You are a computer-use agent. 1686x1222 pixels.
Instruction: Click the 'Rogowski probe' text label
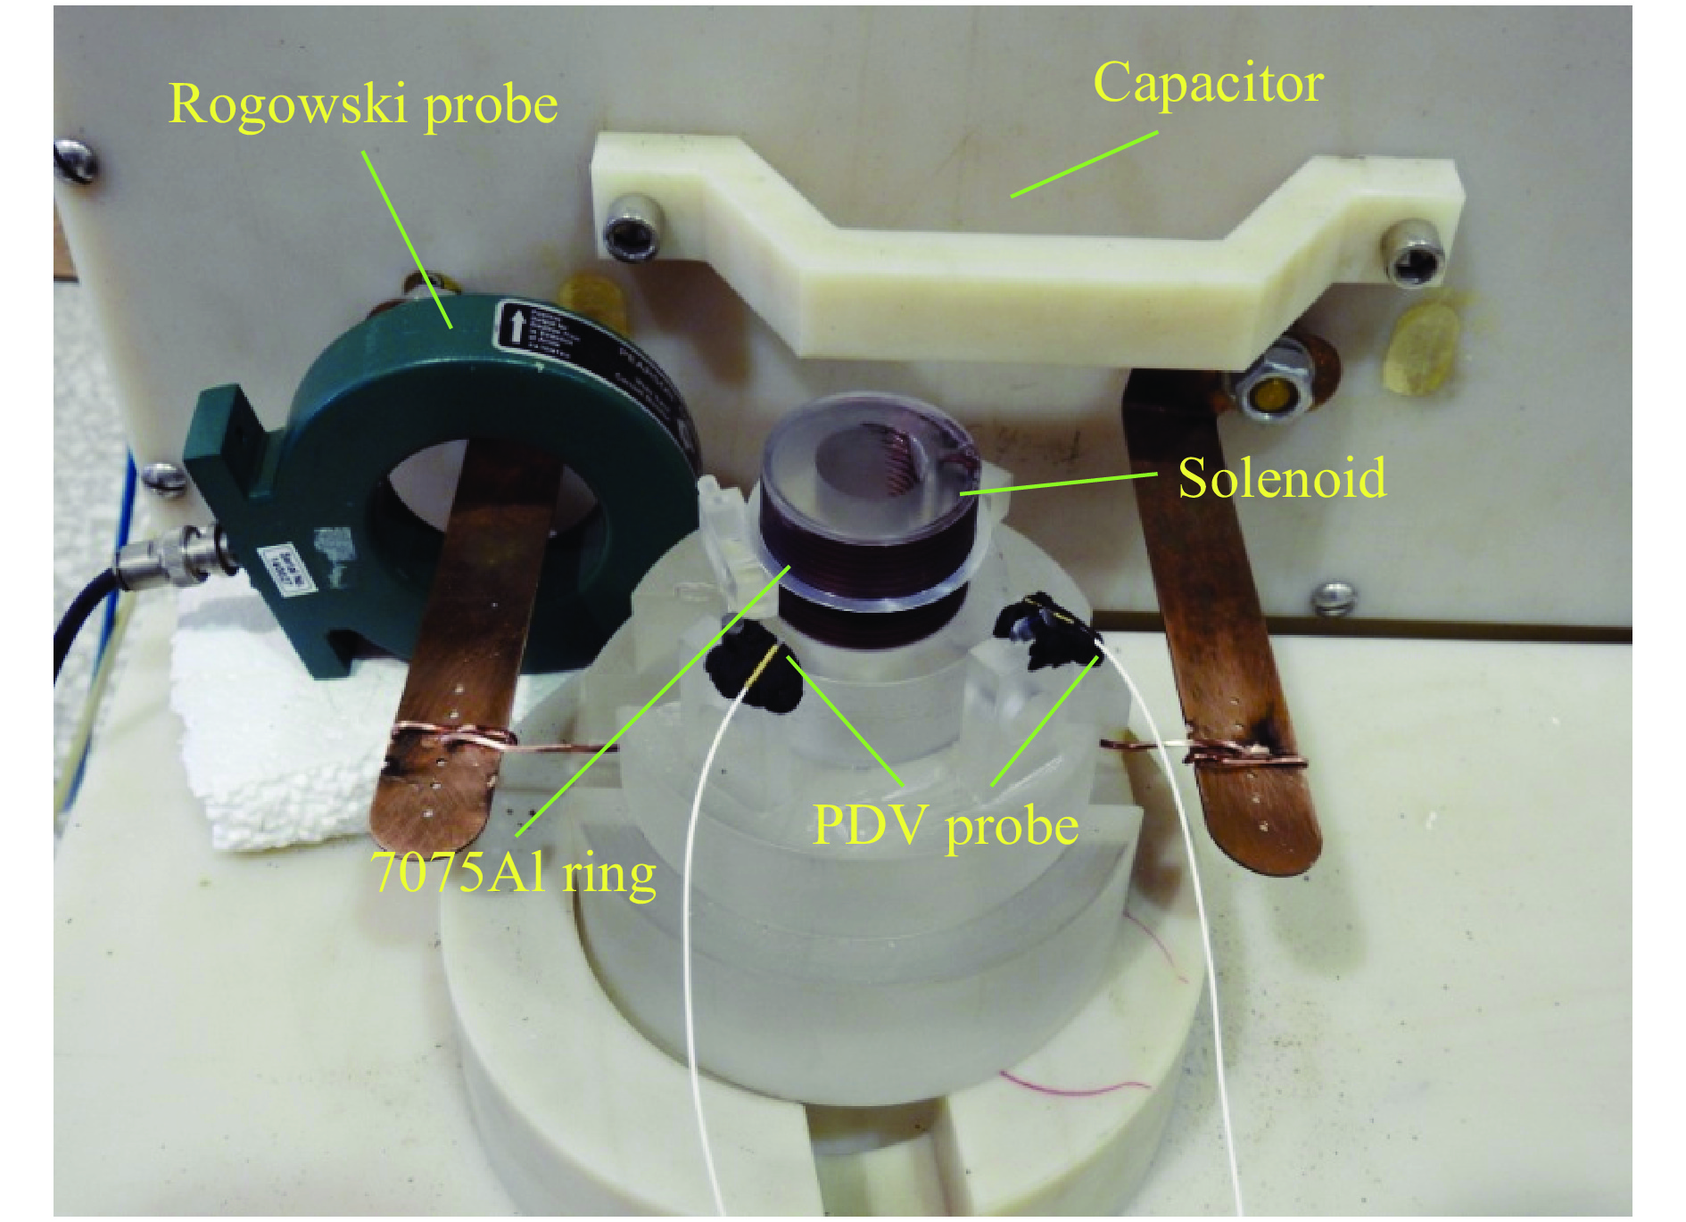(x=363, y=104)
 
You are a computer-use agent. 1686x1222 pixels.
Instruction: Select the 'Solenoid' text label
(x=1282, y=478)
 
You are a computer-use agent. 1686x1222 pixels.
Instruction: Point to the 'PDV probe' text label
(x=946, y=825)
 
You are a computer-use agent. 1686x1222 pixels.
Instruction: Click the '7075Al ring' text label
(x=515, y=871)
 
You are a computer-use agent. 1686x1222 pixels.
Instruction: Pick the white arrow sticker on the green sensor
(x=517, y=324)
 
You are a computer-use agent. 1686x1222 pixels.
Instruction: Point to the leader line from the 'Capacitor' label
(x=1084, y=164)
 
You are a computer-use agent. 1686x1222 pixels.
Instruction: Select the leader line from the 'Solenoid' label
(x=1057, y=483)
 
